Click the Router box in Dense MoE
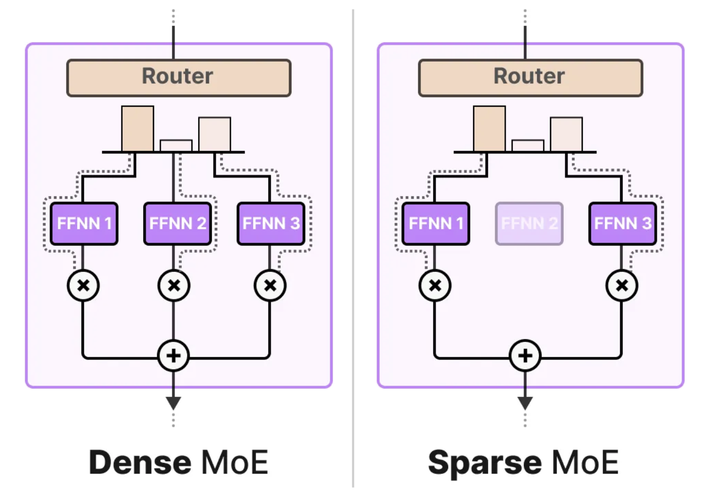[179, 78]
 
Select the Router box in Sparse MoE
[530, 78]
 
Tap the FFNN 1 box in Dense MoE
[84, 224]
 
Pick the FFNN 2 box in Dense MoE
[178, 224]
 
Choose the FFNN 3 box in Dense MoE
[271, 224]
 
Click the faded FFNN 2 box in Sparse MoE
[529, 224]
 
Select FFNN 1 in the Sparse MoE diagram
[436, 224]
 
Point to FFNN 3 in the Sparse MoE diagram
[623, 224]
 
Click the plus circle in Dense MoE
[173, 355]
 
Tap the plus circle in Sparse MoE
[525, 355]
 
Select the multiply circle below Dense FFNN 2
[174, 285]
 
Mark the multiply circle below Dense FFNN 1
[83, 285]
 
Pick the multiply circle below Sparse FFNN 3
[622, 285]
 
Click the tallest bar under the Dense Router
[137, 128]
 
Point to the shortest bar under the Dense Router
[176, 145]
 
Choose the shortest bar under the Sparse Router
[528, 145]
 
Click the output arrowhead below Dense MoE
[173, 403]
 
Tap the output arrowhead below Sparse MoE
[525, 403]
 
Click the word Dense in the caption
[140, 462]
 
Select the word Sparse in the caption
[485, 462]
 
